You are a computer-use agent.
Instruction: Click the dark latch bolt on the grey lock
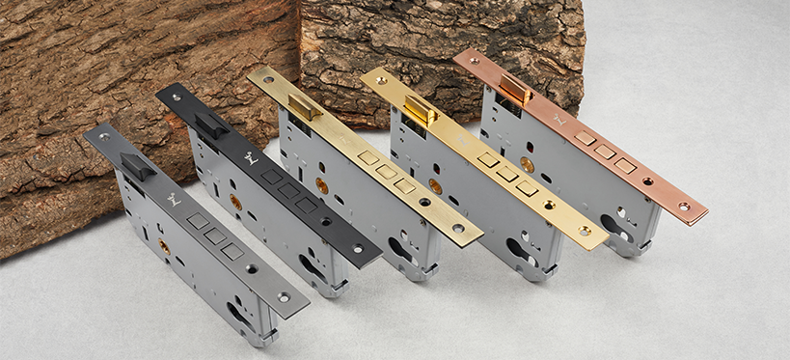tap(137, 168)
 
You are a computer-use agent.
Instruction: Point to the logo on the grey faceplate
tap(174, 200)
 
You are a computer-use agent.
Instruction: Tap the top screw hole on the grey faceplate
tap(103, 136)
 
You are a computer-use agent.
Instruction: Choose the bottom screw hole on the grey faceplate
tap(284, 297)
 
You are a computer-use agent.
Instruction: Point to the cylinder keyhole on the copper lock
tap(618, 226)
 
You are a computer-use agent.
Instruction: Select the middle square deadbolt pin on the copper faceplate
tap(605, 152)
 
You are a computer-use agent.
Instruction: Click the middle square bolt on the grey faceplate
tap(214, 235)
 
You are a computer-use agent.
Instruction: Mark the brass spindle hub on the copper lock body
tap(527, 164)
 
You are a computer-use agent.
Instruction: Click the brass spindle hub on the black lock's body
tap(235, 202)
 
